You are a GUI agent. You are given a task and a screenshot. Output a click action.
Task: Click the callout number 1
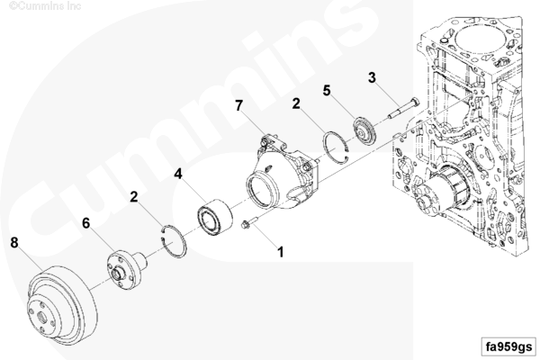281,252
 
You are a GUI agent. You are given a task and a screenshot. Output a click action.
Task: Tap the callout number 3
372,77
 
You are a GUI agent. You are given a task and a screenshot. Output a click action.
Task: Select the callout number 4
177,174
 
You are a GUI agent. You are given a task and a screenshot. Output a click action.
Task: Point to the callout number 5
327,90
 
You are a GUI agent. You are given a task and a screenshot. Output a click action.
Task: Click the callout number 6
85,223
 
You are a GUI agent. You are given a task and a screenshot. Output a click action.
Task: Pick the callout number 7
239,105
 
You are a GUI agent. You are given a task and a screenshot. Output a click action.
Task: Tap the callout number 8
13,242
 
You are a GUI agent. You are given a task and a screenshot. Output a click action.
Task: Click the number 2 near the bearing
133,197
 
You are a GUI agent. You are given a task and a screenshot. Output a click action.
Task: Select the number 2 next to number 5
296,103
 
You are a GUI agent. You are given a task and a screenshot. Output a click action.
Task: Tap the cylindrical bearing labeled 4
214,215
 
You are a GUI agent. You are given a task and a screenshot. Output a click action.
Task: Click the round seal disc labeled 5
364,130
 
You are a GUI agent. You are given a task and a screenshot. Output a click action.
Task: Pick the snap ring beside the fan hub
174,241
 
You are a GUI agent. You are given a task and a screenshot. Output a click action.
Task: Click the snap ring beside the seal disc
337,148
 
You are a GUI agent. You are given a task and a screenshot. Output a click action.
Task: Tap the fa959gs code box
508,346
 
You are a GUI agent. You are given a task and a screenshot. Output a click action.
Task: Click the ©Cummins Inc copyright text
45,6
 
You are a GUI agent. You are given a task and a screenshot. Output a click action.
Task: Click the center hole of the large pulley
41,316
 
